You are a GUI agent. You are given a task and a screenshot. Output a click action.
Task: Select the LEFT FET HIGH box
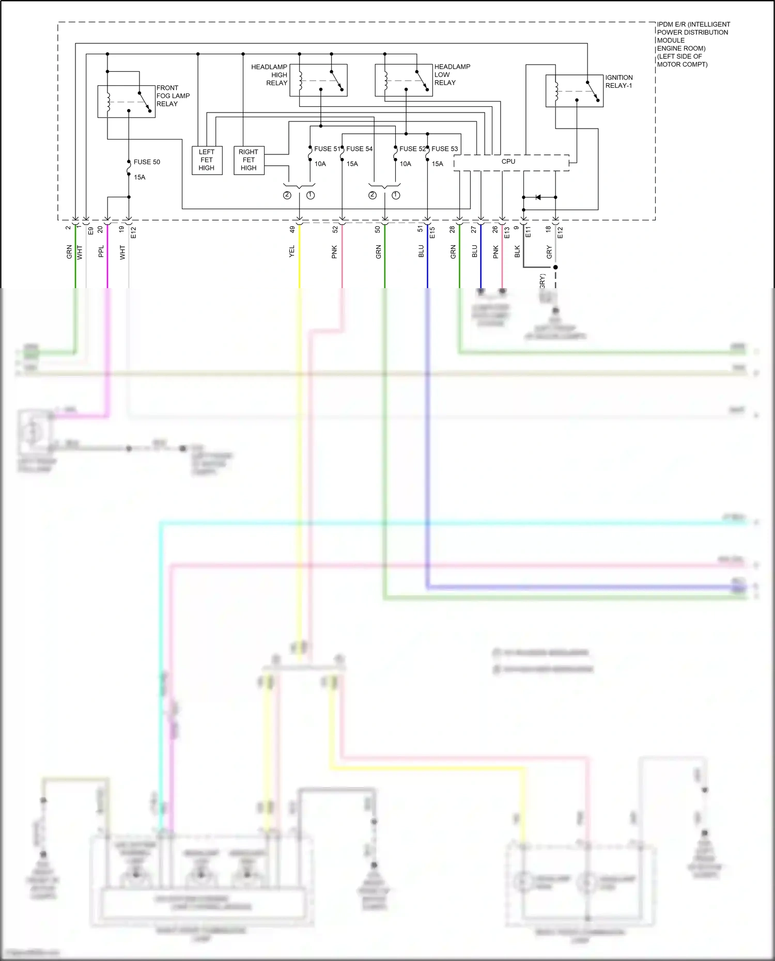pos(207,160)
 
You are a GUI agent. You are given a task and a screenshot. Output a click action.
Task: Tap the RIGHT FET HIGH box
pos(249,160)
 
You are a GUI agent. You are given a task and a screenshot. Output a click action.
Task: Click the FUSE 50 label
pos(147,162)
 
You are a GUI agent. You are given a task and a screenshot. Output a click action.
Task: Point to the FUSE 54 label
pos(359,149)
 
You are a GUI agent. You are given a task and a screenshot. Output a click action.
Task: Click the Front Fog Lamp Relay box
pos(127,102)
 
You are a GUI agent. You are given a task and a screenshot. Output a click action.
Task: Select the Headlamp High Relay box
pos(318,81)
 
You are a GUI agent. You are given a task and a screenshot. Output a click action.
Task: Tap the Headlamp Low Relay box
pos(404,81)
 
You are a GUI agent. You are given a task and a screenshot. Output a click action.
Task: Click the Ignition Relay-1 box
pos(574,91)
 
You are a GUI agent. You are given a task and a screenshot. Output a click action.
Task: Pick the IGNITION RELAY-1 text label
pos(618,82)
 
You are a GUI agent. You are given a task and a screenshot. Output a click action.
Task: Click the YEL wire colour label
pos(292,252)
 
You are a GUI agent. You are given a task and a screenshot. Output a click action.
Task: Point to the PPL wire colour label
pos(101,251)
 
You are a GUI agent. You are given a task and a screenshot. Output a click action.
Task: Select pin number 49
pos(292,229)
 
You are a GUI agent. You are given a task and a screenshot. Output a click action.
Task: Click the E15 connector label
pos(432,232)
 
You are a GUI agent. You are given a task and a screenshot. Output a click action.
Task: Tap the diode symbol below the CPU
pos(538,197)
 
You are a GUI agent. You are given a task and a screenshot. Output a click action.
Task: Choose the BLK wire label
pos(517,252)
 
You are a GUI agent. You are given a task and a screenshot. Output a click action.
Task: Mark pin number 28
pos(452,229)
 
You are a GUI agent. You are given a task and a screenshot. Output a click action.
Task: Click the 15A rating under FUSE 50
pos(139,177)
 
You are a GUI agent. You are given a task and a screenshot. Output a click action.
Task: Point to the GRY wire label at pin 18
pos(549,252)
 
